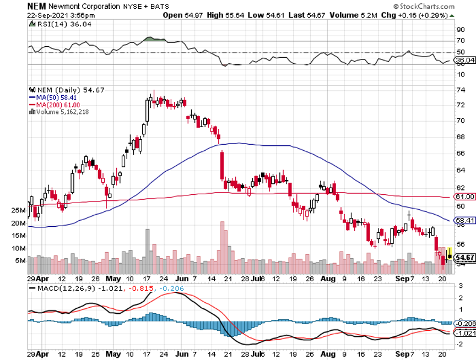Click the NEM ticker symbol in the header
[36, 6]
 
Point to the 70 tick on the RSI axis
[461, 41]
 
